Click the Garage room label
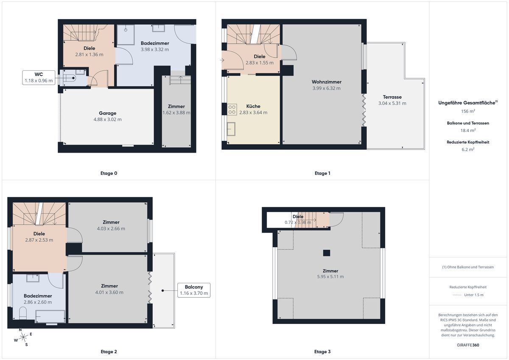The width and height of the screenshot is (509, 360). [107, 113]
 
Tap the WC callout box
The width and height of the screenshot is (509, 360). [39, 78]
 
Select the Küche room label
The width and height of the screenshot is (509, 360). [253, 106]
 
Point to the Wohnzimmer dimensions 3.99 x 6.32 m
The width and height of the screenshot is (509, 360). [326, 88]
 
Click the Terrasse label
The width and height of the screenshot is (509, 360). [392, 97]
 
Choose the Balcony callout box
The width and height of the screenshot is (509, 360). [194, 290]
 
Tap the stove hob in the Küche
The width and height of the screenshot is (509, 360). [232, 109]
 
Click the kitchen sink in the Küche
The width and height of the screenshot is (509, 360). [231, 129]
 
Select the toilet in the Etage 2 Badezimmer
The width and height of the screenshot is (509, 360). [23, 313]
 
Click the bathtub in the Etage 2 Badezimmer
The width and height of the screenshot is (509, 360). [50, 316]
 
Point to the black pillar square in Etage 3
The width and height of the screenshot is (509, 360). [327, 253]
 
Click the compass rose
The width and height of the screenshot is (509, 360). [23, 337]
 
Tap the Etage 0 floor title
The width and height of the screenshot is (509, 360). [109, 173]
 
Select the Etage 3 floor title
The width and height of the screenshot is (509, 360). [322, 352]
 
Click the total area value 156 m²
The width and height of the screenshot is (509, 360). [468, 111]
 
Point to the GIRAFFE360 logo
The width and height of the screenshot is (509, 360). [468, 345]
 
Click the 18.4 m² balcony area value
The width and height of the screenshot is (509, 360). [468, 130]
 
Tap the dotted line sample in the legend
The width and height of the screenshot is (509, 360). [457, 295]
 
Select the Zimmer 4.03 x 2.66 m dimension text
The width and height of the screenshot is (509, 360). [111, 229]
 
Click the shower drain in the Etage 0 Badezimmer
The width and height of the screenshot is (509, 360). [126, 30]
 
